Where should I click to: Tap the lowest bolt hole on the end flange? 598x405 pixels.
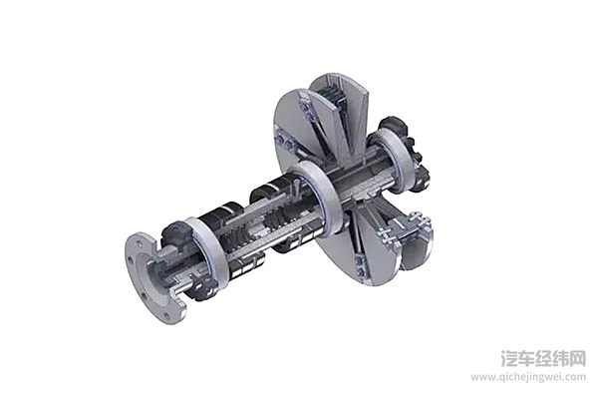coord(166,316)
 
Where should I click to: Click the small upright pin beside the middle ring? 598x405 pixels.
coord(297,187)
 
